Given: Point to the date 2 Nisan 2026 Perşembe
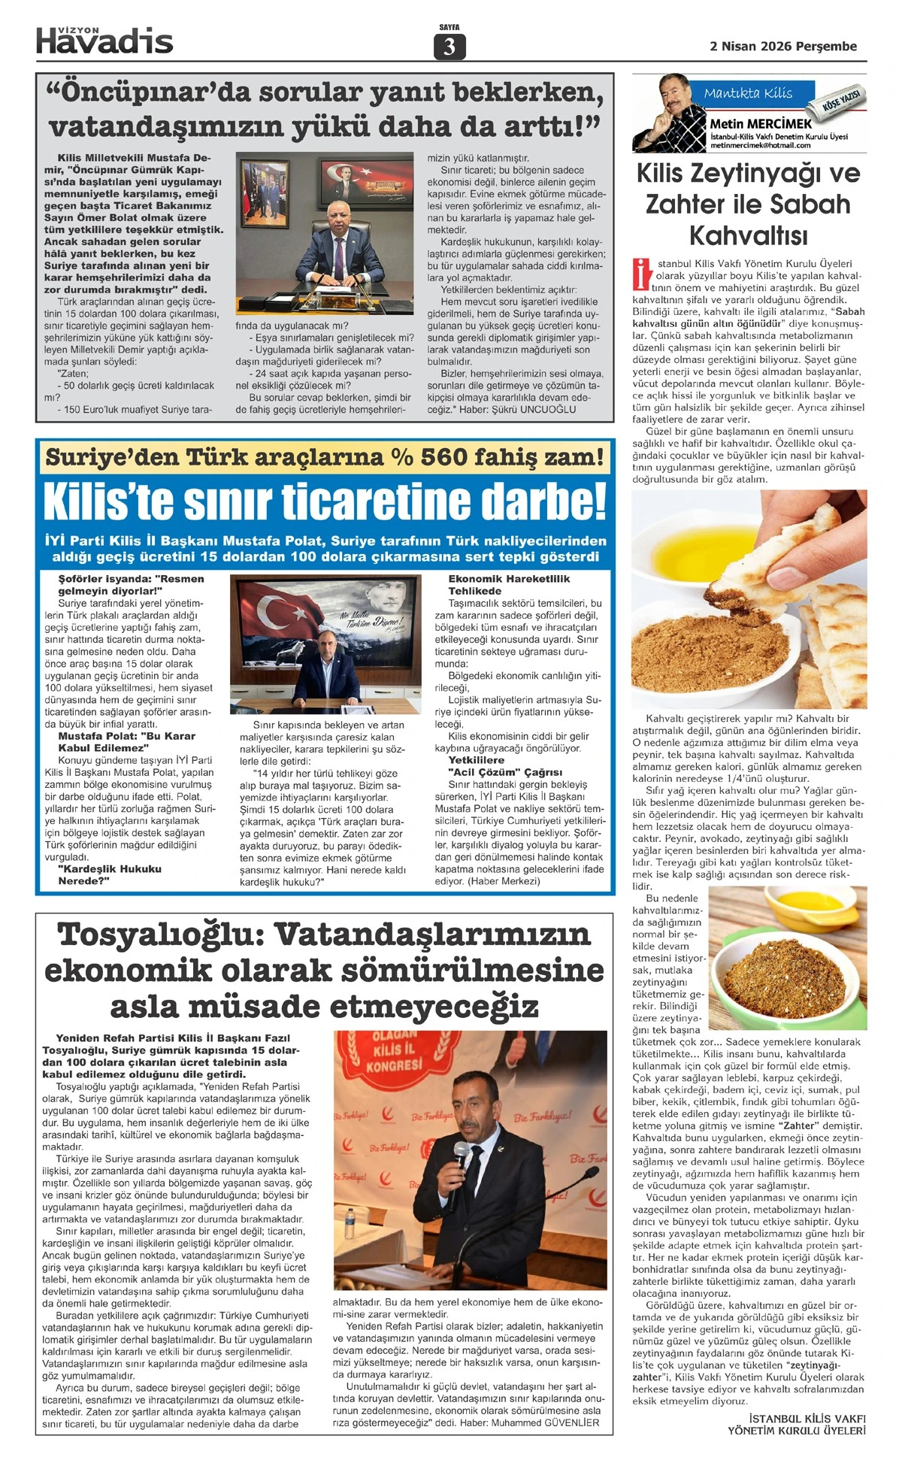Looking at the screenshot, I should (x=783, y=46).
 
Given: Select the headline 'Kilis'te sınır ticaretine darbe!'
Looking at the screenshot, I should (x=325, y=502).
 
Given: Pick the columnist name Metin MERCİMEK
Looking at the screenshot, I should (x=761, y=123).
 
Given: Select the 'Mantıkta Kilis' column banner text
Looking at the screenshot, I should (x=748, y=93).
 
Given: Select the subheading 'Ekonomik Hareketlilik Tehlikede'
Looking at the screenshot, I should (x=509, y=585).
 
